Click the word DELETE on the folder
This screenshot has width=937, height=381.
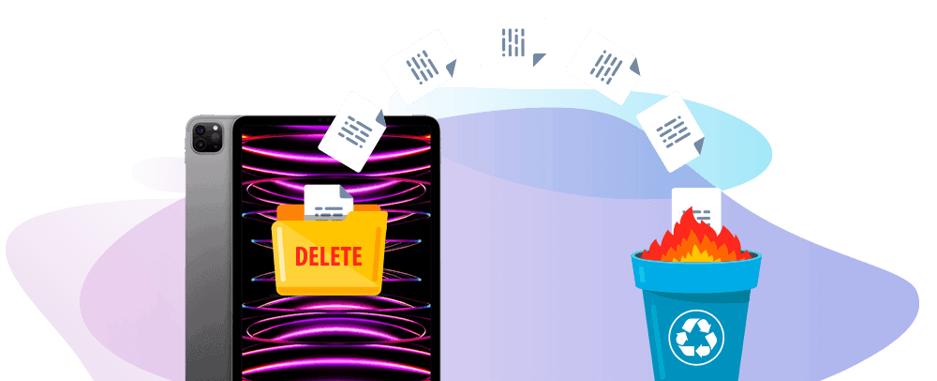pos(329,256)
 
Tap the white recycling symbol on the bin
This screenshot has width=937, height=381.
pos(696,338)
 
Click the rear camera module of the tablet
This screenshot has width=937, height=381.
pos(206,137)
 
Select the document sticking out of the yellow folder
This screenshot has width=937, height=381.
pos(328,202)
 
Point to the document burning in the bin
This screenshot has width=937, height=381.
pos(696,207)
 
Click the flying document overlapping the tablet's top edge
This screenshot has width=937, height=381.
pos(352,131)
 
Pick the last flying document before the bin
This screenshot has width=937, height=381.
pos(671,131)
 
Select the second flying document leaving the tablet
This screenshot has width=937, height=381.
pos(422,67)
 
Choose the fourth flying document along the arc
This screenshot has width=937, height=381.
pos(604,67)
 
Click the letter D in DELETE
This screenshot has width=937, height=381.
pos(302,256)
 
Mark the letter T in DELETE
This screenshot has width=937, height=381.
pos(346,256)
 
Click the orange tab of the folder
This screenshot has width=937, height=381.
pos(291,211)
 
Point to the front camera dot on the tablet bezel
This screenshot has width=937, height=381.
pos(320,119)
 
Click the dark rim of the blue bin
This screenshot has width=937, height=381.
pos(696,257)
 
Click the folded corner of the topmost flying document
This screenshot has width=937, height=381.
pos(540,59)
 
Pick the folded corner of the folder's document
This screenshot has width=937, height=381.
pos(347,191)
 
